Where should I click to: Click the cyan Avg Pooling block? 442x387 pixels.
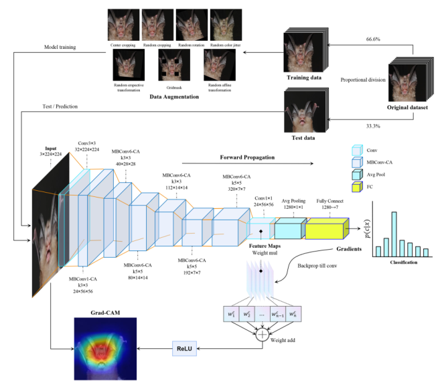pos(289,230)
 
